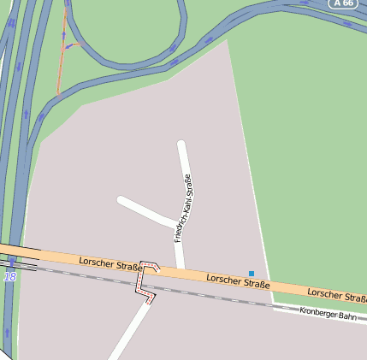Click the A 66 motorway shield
click(x=344, y=3)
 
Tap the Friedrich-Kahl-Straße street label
click(x=183, y=208)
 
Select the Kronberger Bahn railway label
click(x=328, y=315)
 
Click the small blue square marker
click(x=252, y=274)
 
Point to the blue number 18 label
click(x=9, y=277)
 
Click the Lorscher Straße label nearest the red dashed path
click(x=110, y=263)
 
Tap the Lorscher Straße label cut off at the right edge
click(x=337, y=294)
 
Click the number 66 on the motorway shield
click(x=348, y=3)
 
